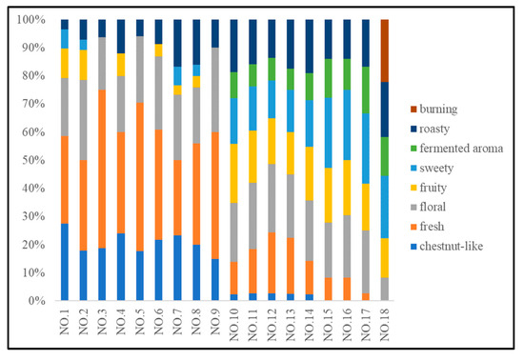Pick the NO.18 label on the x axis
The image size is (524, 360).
point(385,325)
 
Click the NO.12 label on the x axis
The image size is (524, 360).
point(272,325)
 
